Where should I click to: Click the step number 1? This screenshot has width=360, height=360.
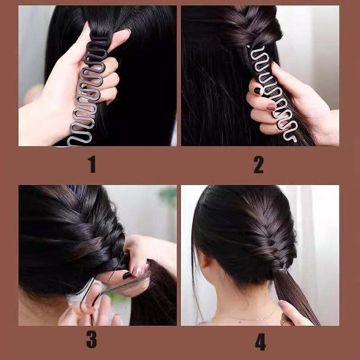tap(92, 164)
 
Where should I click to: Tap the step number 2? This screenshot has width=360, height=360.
tap(258, 164)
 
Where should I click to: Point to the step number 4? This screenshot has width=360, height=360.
tap(261, 342)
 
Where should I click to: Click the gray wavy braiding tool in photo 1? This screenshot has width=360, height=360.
tap(87, 92)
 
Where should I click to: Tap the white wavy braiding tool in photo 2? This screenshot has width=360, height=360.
tap(273, 92)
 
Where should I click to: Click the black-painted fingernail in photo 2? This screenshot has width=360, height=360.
tap(257, 91)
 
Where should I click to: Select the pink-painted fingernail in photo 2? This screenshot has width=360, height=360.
tap(271, 106)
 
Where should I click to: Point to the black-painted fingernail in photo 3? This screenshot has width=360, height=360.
tap(127, 275)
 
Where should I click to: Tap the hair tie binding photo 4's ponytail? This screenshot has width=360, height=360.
tap(280, 269)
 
